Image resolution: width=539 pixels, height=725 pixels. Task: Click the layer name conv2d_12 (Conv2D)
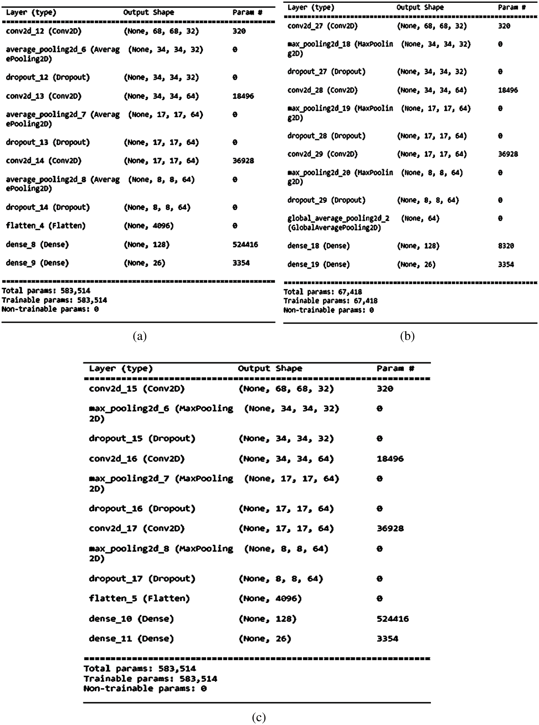point(43,31)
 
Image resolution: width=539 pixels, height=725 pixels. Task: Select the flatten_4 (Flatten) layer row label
point(46,226)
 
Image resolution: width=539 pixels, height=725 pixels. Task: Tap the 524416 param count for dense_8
point(245,245)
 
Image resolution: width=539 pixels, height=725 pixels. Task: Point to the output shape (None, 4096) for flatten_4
point(148,226)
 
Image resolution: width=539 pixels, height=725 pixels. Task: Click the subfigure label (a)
point(140,336)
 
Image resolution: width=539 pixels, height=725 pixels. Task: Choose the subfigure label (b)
point(407,336)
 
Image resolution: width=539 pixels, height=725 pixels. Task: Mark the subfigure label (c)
point(259,717)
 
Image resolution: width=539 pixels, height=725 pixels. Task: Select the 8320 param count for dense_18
point(506,246)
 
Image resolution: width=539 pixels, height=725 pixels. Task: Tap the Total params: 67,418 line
point(322,292)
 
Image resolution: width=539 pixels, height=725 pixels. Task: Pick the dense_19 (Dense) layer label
point(318,264)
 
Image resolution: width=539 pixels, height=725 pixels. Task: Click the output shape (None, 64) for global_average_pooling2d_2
point(420,218)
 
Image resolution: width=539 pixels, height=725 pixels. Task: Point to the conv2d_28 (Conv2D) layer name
point(322,90)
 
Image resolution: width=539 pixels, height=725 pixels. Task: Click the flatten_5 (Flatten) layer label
point(139,598)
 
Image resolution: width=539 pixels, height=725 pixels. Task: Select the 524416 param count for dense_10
point(392,619)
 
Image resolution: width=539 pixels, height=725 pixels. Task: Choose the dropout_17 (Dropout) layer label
point(142,578)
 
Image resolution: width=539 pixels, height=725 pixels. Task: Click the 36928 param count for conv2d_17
point(390,528)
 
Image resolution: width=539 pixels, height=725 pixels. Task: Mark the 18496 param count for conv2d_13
point(243,96)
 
